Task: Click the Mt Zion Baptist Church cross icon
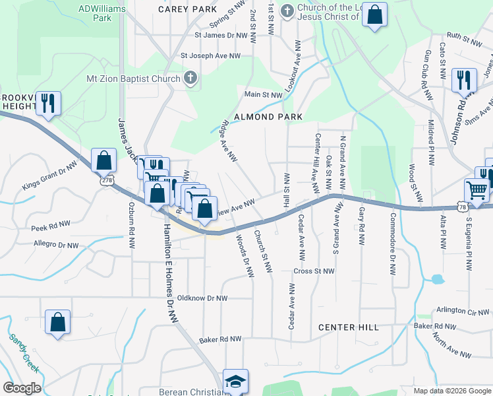(190, 79)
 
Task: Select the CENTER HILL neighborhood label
(348, 327)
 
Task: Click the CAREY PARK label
(187, 10)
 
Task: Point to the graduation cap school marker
(235, 381)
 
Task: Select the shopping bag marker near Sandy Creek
(57, 322)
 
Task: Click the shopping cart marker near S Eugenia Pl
(477, 190)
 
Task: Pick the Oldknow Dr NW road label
(198, 298)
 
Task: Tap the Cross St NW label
(314, 271)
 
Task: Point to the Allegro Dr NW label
(56, 246)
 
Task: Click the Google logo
(22, 387)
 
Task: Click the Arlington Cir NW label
(463, 312)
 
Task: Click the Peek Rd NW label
(50, 225)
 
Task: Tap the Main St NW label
(264, 95)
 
